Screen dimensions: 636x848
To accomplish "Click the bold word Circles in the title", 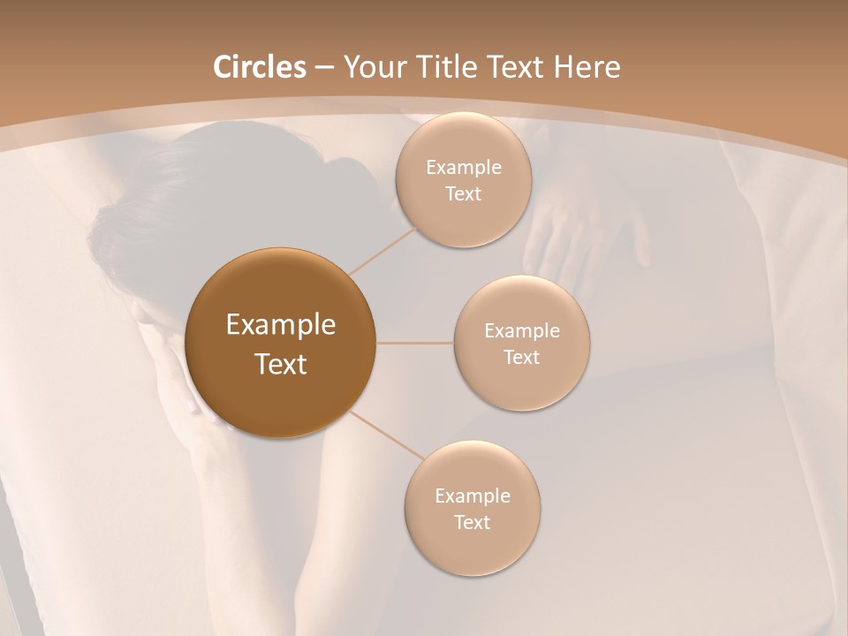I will click(x=260, y=67).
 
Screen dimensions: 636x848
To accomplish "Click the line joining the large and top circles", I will click(x=385, y=249).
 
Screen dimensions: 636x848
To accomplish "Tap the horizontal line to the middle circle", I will click(x=415, y=343).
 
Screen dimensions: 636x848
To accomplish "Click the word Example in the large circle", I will click(x=281, y=325).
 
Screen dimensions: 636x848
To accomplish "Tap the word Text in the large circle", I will click(x=281, y=364).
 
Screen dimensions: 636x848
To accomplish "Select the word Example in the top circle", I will click(x=464, y=168).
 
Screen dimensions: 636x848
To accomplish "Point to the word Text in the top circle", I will click(x=463, y=194).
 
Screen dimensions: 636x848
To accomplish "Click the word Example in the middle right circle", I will click(x=522, y=331).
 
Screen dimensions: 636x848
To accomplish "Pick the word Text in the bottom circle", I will click(x=473, y=522).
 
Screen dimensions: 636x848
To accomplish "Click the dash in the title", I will click(x=324, y=67).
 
